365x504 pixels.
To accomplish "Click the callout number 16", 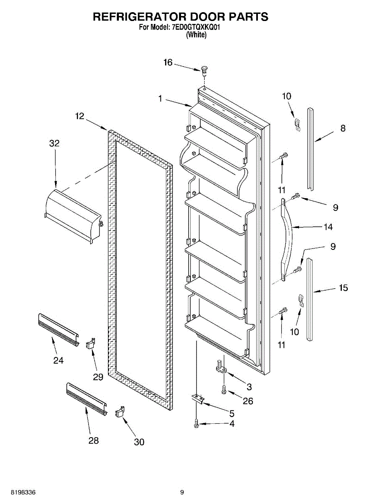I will tap(168, 63).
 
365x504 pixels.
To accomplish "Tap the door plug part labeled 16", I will tap(205, 69).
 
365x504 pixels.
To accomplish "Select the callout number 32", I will tap(54, 143).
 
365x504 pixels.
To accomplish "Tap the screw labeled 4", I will tap(197, 424).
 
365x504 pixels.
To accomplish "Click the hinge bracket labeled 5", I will tap(198, 399).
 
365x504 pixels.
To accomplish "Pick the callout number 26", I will tap(248, 401).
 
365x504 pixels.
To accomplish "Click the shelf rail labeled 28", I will tap(86, 397).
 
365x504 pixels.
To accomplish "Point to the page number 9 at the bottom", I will tap(182, 492).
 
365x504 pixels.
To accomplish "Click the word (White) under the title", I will tap(196, 35).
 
